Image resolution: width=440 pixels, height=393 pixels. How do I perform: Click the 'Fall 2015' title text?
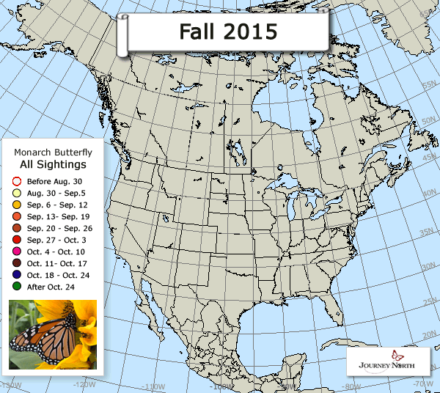click(219, 32)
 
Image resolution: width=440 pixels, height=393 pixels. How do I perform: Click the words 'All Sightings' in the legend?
click(53, 165)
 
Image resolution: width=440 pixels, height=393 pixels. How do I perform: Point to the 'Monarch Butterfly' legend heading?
click(53, 152)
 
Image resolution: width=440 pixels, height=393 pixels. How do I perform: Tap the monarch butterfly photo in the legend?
click(53, 334)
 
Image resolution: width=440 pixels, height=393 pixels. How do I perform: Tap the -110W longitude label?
click(151, 386)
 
